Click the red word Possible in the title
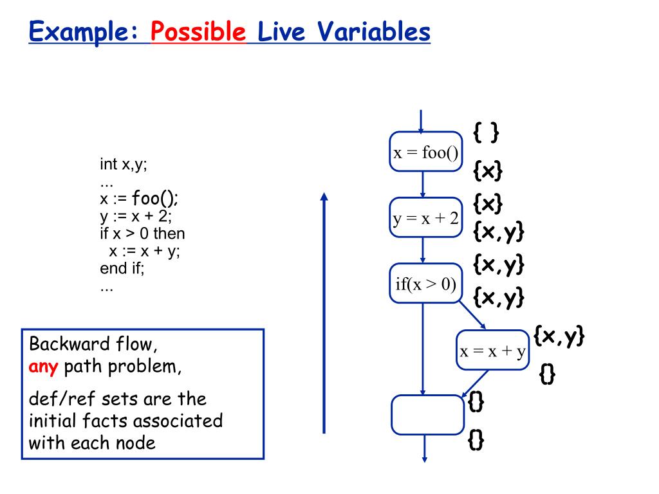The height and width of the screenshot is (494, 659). click(x=199, y=32)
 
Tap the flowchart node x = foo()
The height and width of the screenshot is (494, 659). click(x=425, y=152)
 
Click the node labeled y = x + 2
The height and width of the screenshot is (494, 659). click(x=425, y=219)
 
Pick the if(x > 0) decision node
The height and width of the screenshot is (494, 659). click(x=425, y=283)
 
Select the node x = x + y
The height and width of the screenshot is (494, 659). click(x=492, y=351)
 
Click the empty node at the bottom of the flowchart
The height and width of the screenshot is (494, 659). click(x=427, y=415)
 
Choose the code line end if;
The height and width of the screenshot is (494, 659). click(x=122, y=268)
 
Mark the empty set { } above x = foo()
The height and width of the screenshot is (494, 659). click(x=486, y=133)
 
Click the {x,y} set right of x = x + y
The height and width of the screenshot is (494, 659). click(x=559, y=336)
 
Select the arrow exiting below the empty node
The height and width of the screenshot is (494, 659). click(x=425, y=448)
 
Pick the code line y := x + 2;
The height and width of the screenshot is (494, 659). click(x=136, y=215)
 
